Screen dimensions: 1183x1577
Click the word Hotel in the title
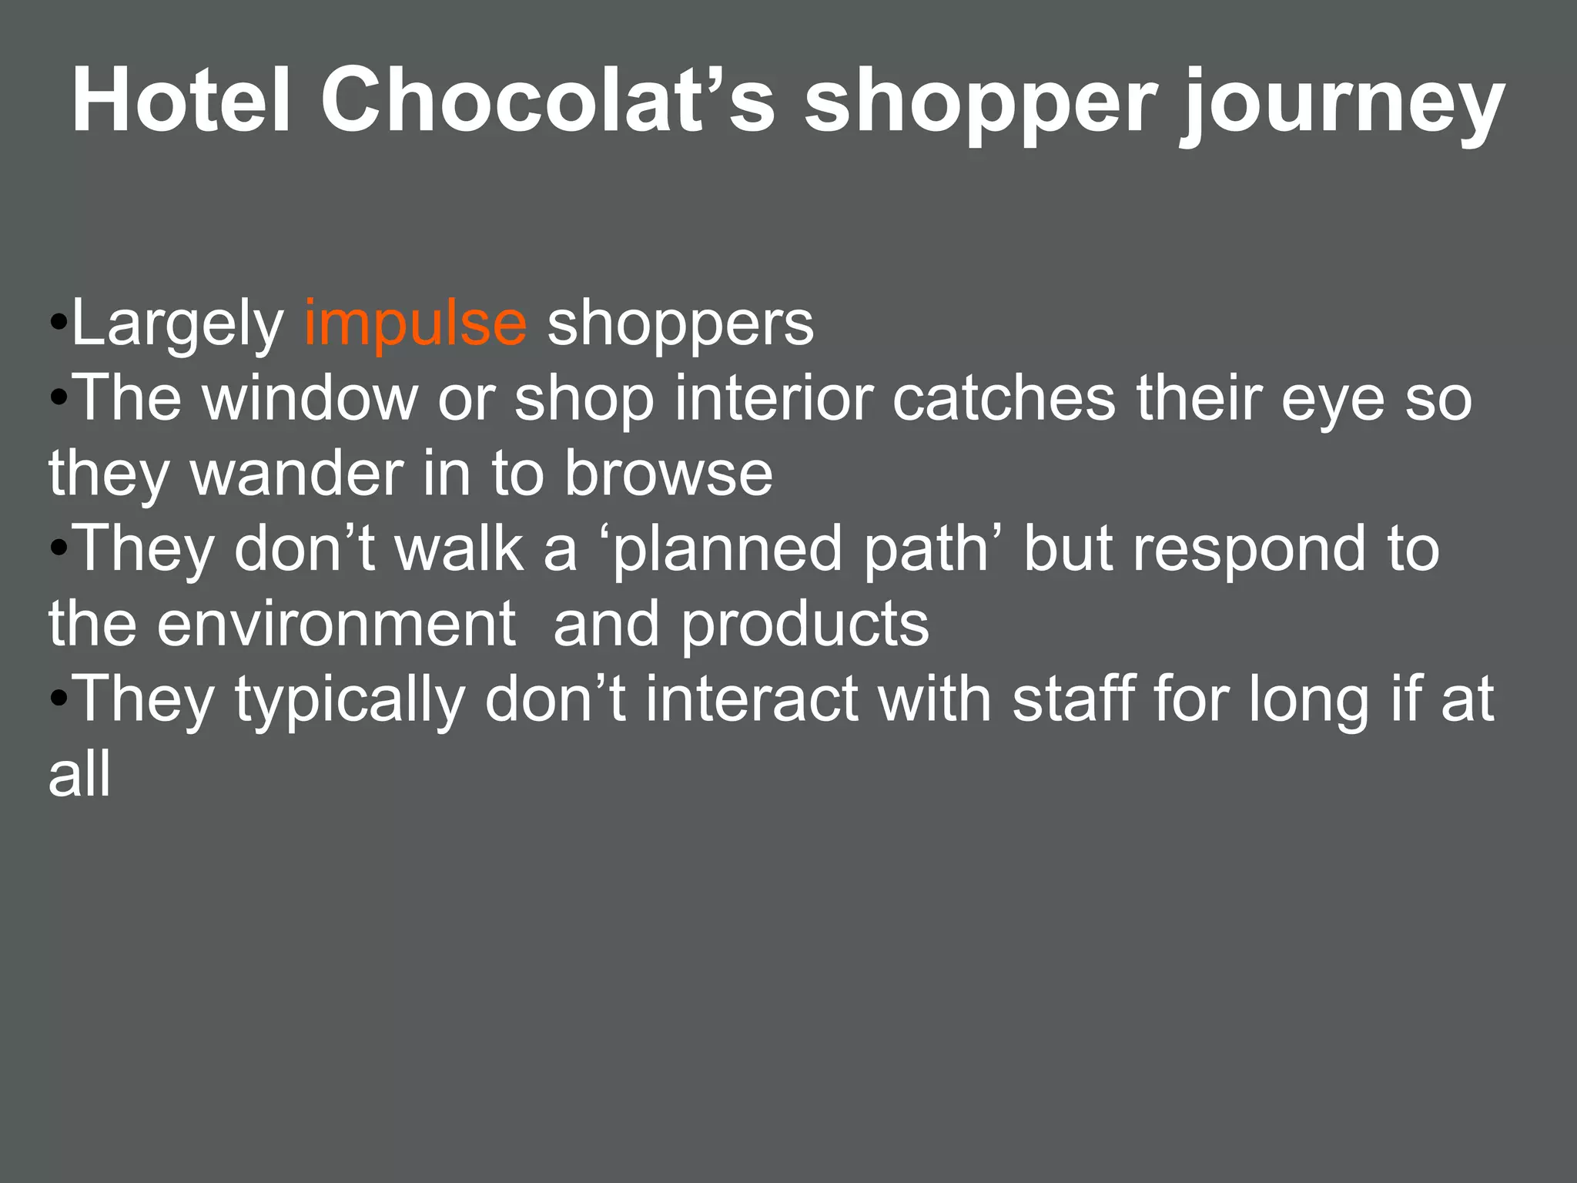click(x=181, y=101)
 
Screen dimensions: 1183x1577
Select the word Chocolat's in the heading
click(x=547, y=101)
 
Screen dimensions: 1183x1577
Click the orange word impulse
click(x=415, y=324)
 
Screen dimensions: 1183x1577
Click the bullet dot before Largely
click(x=59, y=323)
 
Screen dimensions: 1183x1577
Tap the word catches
click(x=1004, y=398)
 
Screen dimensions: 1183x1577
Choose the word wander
click(x=297, y=473)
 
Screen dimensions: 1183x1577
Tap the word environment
click(x=336, y=624)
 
